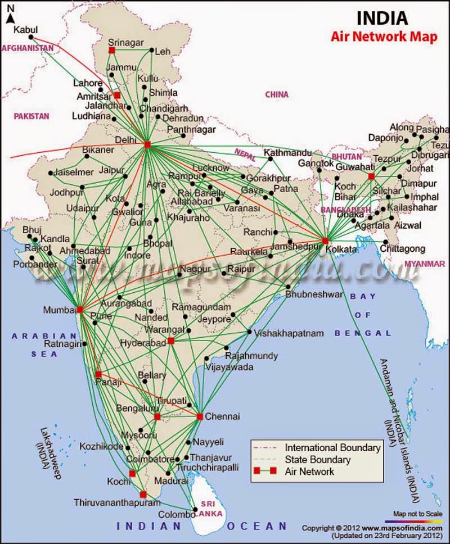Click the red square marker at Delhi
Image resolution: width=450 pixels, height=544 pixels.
(147, 144)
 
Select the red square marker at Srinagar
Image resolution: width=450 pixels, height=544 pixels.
(112, 50)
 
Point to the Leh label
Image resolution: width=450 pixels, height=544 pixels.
(163, 51)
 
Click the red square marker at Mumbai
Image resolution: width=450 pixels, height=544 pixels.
(80, 309)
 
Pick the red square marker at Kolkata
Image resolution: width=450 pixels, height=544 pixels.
(325, 241)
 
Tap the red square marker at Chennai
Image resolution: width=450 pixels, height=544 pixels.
(200, 416)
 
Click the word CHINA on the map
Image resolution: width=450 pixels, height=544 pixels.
(277, 95)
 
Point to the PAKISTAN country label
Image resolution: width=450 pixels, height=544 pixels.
(32, 116)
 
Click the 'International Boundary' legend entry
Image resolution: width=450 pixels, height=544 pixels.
(332, 448)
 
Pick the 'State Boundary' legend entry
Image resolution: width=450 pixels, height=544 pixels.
(317, 460)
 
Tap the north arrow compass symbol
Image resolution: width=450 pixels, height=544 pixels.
(11, 15)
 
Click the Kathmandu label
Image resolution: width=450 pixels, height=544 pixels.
(287, 153)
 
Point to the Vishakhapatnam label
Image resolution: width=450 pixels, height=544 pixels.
(289, 333)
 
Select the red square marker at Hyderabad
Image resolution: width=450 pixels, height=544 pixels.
(171, 341)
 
